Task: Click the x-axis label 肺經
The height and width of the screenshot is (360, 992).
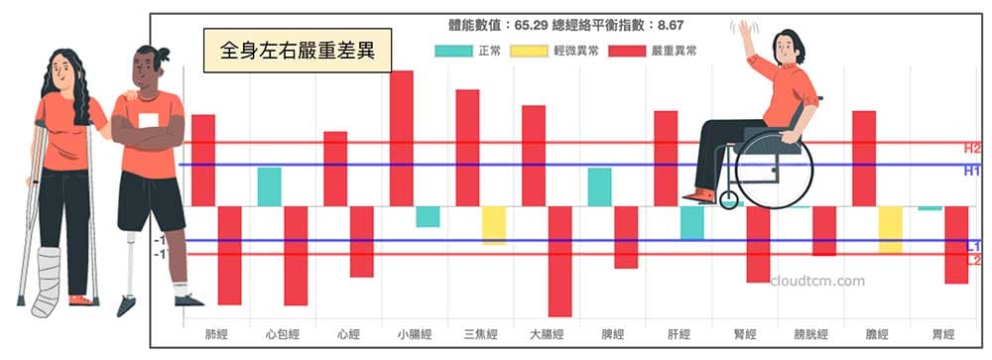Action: (x=215, y=333)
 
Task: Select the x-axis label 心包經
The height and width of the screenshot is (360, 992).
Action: (x=282, y=333)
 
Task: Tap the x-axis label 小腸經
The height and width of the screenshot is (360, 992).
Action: (x=414, y=333)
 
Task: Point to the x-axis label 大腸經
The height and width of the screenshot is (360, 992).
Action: (x=547, y=333)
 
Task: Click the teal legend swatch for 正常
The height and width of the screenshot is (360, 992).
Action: (x=452, y=51)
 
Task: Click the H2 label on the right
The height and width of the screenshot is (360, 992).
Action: (x=971, y=149)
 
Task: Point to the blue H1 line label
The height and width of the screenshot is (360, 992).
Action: (x=971, y=171)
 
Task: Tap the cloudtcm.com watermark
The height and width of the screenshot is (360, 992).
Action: (x=817, y=281)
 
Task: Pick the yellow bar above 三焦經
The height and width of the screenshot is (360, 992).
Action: (x=493, y=225)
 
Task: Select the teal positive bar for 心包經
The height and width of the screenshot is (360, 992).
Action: (x=269, y=186)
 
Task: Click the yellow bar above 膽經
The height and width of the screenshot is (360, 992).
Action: (x=890, y=229)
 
